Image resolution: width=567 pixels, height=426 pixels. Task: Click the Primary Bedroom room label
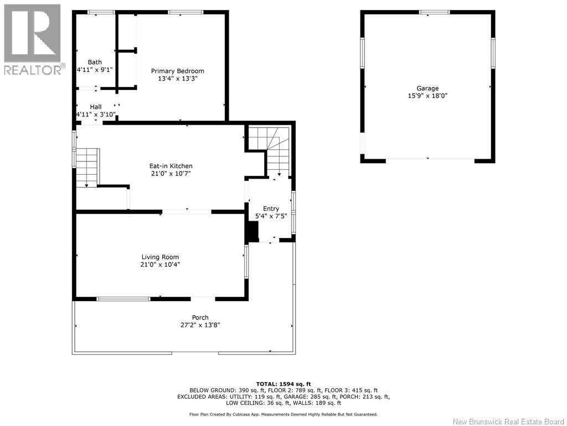point(178,71)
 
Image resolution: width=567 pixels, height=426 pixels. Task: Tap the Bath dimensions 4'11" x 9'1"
point(95,69)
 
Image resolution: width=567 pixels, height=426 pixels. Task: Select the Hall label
point(96,107)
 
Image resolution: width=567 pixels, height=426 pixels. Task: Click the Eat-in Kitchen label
point(171,166)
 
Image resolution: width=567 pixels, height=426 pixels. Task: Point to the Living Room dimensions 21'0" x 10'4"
point(160,265)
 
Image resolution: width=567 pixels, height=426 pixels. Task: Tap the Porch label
point(200,318)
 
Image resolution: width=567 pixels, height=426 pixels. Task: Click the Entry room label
point(271,209)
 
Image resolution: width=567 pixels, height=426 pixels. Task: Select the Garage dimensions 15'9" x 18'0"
point(428,96)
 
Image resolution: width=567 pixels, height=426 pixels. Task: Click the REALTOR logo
point(33,39)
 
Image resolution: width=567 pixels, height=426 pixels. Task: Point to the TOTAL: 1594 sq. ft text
point(283,384)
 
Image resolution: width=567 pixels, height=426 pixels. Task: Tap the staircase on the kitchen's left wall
point(87,168)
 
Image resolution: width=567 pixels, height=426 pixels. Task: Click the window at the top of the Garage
point(434,13)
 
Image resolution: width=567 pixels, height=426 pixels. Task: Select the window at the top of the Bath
point(101,13)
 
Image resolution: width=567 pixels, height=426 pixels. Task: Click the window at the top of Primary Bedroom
point(186,13)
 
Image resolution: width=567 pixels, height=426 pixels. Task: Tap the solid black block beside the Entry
point(252,231)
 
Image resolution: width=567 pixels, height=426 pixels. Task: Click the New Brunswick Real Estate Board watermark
point(508,422)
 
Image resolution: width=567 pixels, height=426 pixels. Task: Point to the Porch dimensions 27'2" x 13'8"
point(200,325)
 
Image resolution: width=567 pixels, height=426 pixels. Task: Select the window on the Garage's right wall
point(493,53)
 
